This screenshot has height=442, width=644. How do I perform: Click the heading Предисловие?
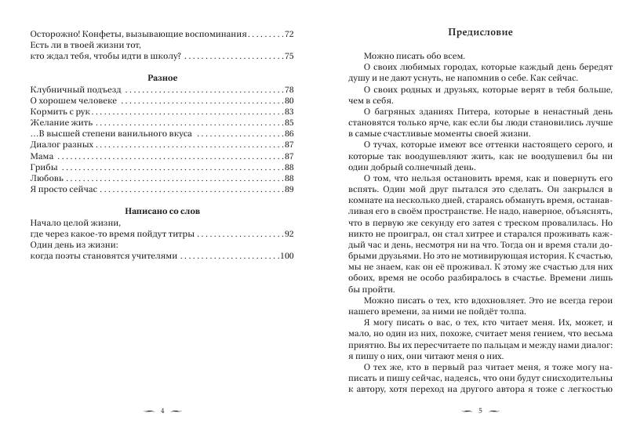(x=479, y=33)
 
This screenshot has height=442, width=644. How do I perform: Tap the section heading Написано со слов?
(x=160, y=211)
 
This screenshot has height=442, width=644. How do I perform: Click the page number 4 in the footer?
(x=161, y=411)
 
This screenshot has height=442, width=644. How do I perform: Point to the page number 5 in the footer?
(x=479, y=411)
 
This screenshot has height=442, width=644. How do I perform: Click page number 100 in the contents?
(x=287, y=256)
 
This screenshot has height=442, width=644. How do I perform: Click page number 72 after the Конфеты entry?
(x=289, y=34)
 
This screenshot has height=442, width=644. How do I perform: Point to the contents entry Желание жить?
(x=59, y=124)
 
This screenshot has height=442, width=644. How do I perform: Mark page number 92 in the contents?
(x=289, y=234)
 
